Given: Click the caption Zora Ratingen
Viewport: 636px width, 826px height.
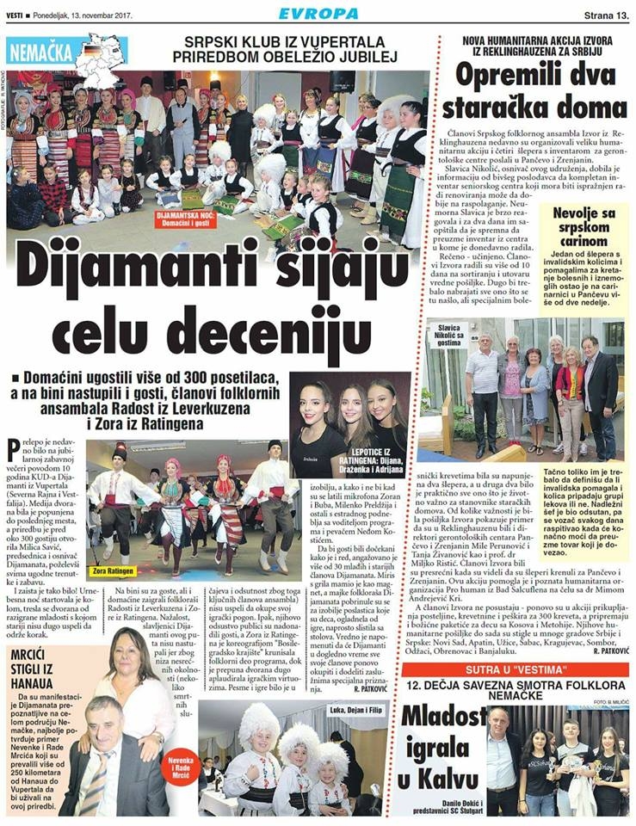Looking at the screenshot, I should (115, 570).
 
